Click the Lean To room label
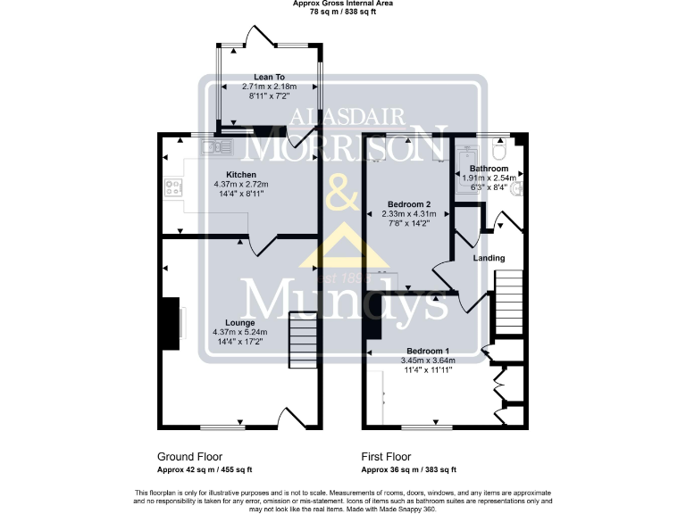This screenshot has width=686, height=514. tap(268, 78)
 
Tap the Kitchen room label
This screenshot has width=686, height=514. tap(241, 174)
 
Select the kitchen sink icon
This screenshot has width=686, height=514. tap(212, 144)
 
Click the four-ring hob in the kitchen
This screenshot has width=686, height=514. tap(172, 187)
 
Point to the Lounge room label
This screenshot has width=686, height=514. tap(240, 322)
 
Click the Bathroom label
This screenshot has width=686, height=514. tap(489, 168)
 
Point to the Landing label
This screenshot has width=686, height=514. tap(489, 258)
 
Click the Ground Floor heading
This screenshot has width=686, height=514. tap(189, 456)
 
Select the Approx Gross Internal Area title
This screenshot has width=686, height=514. tap(342, 4)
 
